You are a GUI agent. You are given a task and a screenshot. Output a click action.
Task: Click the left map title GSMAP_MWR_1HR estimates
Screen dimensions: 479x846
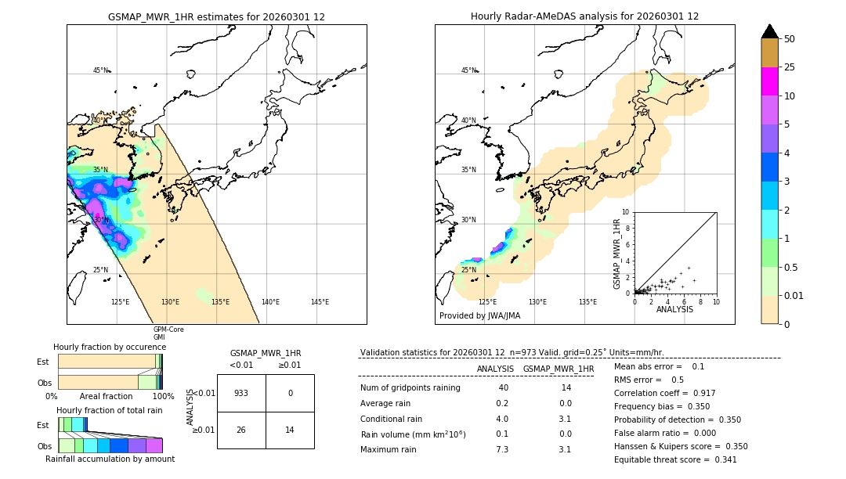pyautogui.click(x=216, y=16)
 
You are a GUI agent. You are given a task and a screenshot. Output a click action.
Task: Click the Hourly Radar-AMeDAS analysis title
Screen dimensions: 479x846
pyautogui.click(x=584, y=16)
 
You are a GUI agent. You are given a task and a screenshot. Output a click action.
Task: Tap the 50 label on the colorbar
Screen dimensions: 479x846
pyautogui.click(x=790, y=39)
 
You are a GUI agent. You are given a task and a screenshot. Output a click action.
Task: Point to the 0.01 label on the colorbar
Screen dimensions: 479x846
pyautogui.click(x=794, y=295)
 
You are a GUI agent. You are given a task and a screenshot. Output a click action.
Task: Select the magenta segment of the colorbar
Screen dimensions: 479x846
pyautogui.click(x=769, y=81)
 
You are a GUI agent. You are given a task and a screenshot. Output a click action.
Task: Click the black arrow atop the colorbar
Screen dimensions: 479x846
pyautogui.click(x=769, y=31)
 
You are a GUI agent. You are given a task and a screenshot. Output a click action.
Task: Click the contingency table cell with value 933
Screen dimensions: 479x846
pyautogui.click(x=241, y=393)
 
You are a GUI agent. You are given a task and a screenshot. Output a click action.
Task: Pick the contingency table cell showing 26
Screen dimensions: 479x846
pyautogui.click(x=241, y=430)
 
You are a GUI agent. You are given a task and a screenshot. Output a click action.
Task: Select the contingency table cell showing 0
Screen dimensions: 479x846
pyautogui.click(x=290, y=393)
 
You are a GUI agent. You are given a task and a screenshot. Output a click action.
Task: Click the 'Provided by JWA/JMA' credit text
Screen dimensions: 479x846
pyautogui.click(x=479, y=315)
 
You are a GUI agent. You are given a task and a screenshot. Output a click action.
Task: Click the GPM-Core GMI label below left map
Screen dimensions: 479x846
pyautogui.click(x=168, y=333)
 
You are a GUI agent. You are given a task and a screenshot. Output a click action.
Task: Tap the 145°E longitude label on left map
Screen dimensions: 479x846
pyautogui.click(x=320, y=302)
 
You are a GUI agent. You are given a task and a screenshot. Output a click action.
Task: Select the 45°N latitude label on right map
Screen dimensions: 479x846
pyautogui.click(x=468, y=70)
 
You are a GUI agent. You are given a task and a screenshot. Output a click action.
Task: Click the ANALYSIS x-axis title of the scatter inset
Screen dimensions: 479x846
pyautogui.click(x=674, y=309)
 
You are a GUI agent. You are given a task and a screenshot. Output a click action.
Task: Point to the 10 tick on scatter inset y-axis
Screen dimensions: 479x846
pyautogui.click(x=626, y=212)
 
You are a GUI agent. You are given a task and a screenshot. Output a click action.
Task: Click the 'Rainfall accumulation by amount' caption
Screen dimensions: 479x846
pyautogui.click(x=110, y=459)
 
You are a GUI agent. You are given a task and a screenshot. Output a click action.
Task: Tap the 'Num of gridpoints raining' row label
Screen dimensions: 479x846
pyautogui.click(x=410, y=388)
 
